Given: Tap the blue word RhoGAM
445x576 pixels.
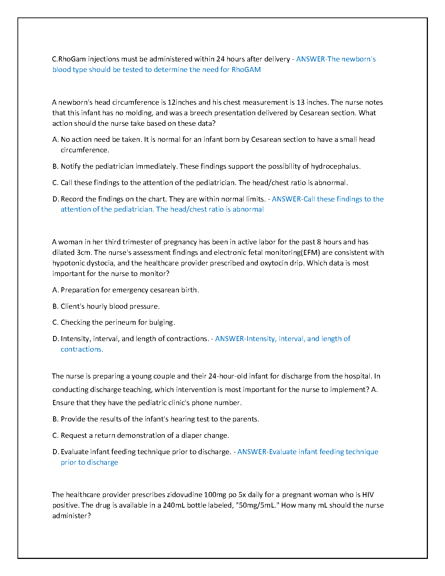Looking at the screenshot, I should coord(246,69).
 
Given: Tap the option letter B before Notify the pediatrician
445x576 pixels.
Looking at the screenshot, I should coord(55,166).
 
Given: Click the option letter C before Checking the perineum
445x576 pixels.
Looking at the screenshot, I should coord(55,322).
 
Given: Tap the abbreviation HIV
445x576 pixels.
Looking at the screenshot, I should coord(368,495).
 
